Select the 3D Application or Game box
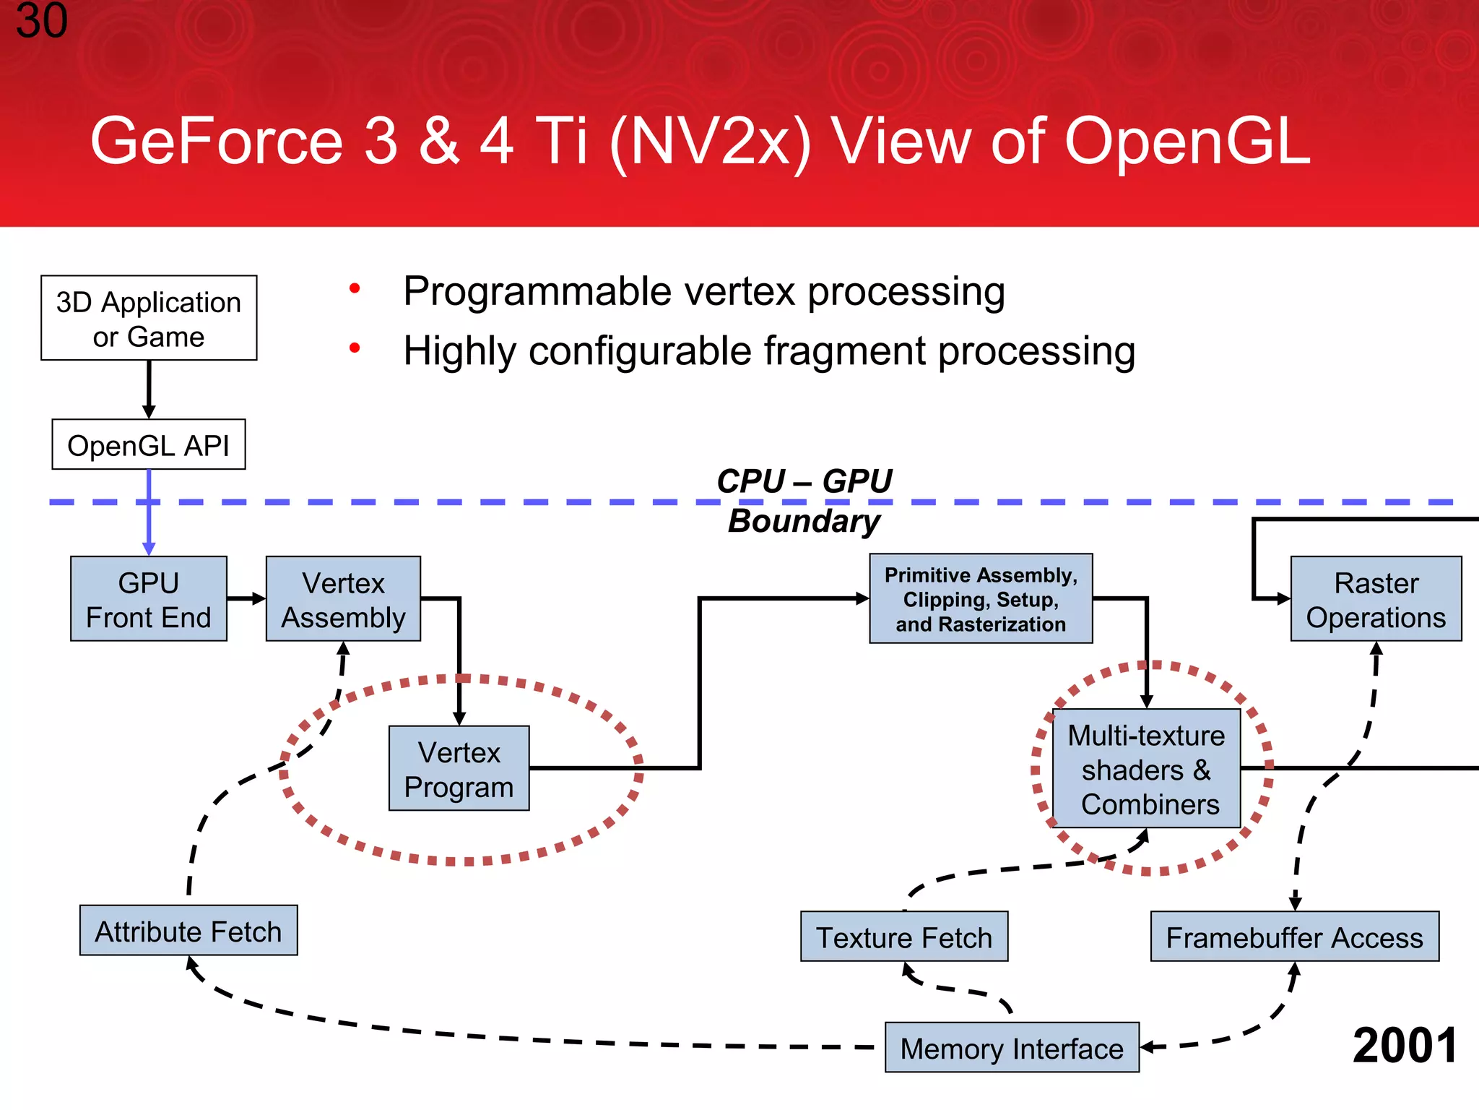tap(149, 318)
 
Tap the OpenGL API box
tap(149, 444)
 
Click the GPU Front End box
tap(149, 599)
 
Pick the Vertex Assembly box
tap(343, 599)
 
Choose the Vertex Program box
tap(459, 768)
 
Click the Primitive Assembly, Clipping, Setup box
tap(981, 599)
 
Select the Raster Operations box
tap(1376, 599)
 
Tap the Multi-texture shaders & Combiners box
tap(1146, 768)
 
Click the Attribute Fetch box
tap(188, 931)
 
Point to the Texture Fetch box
tap(904, 937)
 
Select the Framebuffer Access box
tap(1294, 937)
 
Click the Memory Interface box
tap(1012, 1048)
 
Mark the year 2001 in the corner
tap(1405, 1046)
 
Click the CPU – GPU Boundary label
tap(804, 500)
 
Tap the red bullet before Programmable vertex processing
tap(355, 289)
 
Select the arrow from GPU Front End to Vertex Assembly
tap(246, 598)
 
